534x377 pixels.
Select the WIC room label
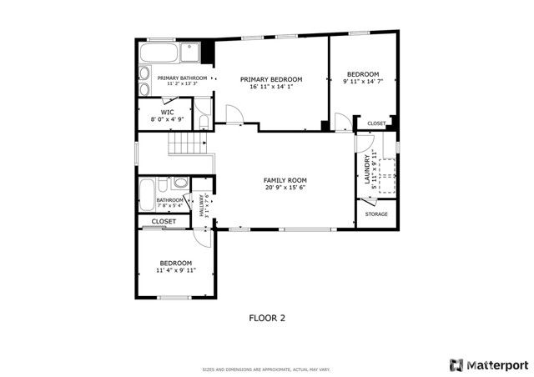pos(167,112)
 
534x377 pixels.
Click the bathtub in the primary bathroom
pos(159,53)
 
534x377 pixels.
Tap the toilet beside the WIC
pos(204,123)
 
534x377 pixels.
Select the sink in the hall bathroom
pos(180,184)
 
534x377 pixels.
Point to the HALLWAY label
pos(201,206)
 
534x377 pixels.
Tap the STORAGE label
pos(376,214)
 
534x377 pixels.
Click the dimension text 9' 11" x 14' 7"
pos(363,82)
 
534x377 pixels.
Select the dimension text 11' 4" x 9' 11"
pos(176,270)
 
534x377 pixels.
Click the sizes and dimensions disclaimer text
pos(266,369)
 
